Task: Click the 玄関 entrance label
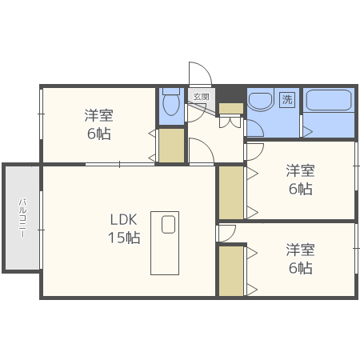200,97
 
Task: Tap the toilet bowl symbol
170,104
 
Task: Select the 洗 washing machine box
287,100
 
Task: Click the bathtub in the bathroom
328,102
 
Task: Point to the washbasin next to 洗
259,101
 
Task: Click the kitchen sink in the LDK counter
168,225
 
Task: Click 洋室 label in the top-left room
98,115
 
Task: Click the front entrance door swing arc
200,74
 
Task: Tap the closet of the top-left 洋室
170,146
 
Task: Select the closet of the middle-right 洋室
231,192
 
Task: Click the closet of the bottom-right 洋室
231,271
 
